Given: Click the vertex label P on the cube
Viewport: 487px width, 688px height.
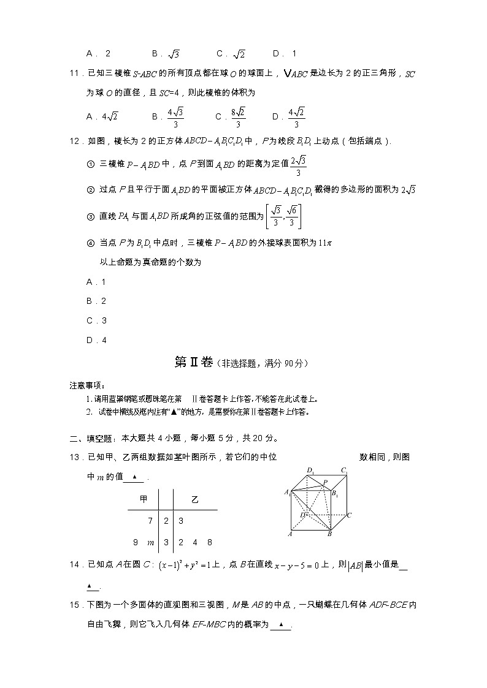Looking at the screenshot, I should tap(325, 482).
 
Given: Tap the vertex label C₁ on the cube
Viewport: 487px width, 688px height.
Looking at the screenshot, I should tap(345, 471).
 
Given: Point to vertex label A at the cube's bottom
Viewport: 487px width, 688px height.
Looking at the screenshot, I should tap(290, 534).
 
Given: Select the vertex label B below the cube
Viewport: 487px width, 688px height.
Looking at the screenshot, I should tap(329, 534).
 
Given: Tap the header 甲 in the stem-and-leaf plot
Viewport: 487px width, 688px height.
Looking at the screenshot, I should tap(144, 499).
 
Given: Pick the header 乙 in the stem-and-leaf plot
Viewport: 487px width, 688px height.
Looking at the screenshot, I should tap(195, 499).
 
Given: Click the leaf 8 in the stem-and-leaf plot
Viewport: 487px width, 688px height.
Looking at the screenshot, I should tap(210, 542).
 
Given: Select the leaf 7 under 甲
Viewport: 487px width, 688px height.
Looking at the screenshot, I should tap(150, 521).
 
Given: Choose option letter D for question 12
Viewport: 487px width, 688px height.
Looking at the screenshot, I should tap(90, 340).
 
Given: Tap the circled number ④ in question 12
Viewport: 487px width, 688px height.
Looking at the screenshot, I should tap(91, 243).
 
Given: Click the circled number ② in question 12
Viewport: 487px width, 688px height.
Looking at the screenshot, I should tap(91, 189).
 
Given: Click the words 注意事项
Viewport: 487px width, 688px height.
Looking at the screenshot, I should tap(86, 385).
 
